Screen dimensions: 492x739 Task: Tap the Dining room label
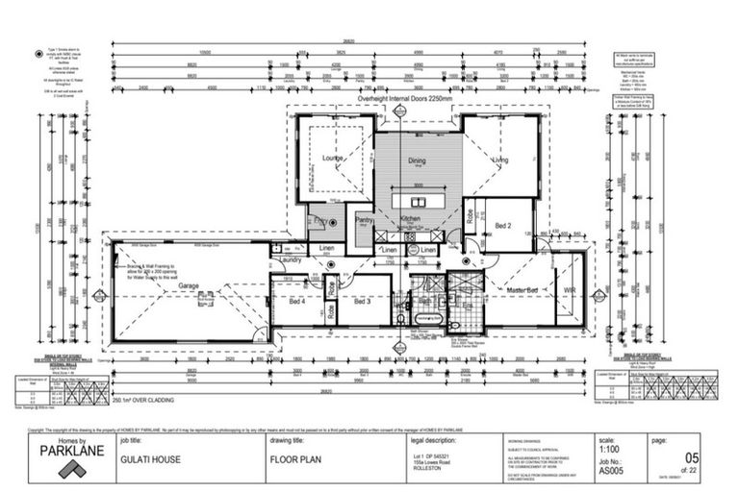(417, 161)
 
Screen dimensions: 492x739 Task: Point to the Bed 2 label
(503, 226)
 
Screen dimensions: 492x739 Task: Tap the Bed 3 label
(363, 302)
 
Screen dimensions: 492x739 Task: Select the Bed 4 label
(296, 302)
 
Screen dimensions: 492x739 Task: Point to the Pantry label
(364, 221)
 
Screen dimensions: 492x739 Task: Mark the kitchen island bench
(417, 203)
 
